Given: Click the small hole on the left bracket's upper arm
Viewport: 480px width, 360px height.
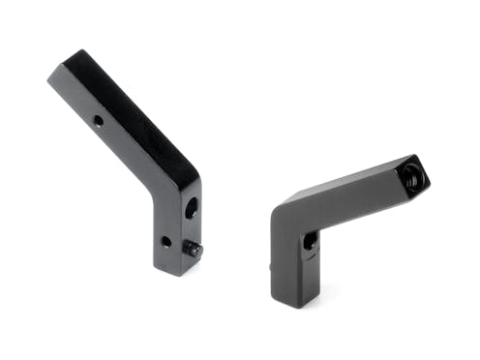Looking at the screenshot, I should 99,122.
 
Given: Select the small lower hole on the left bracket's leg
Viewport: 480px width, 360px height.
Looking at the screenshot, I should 165,241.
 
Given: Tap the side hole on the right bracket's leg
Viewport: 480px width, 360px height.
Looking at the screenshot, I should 309,241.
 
